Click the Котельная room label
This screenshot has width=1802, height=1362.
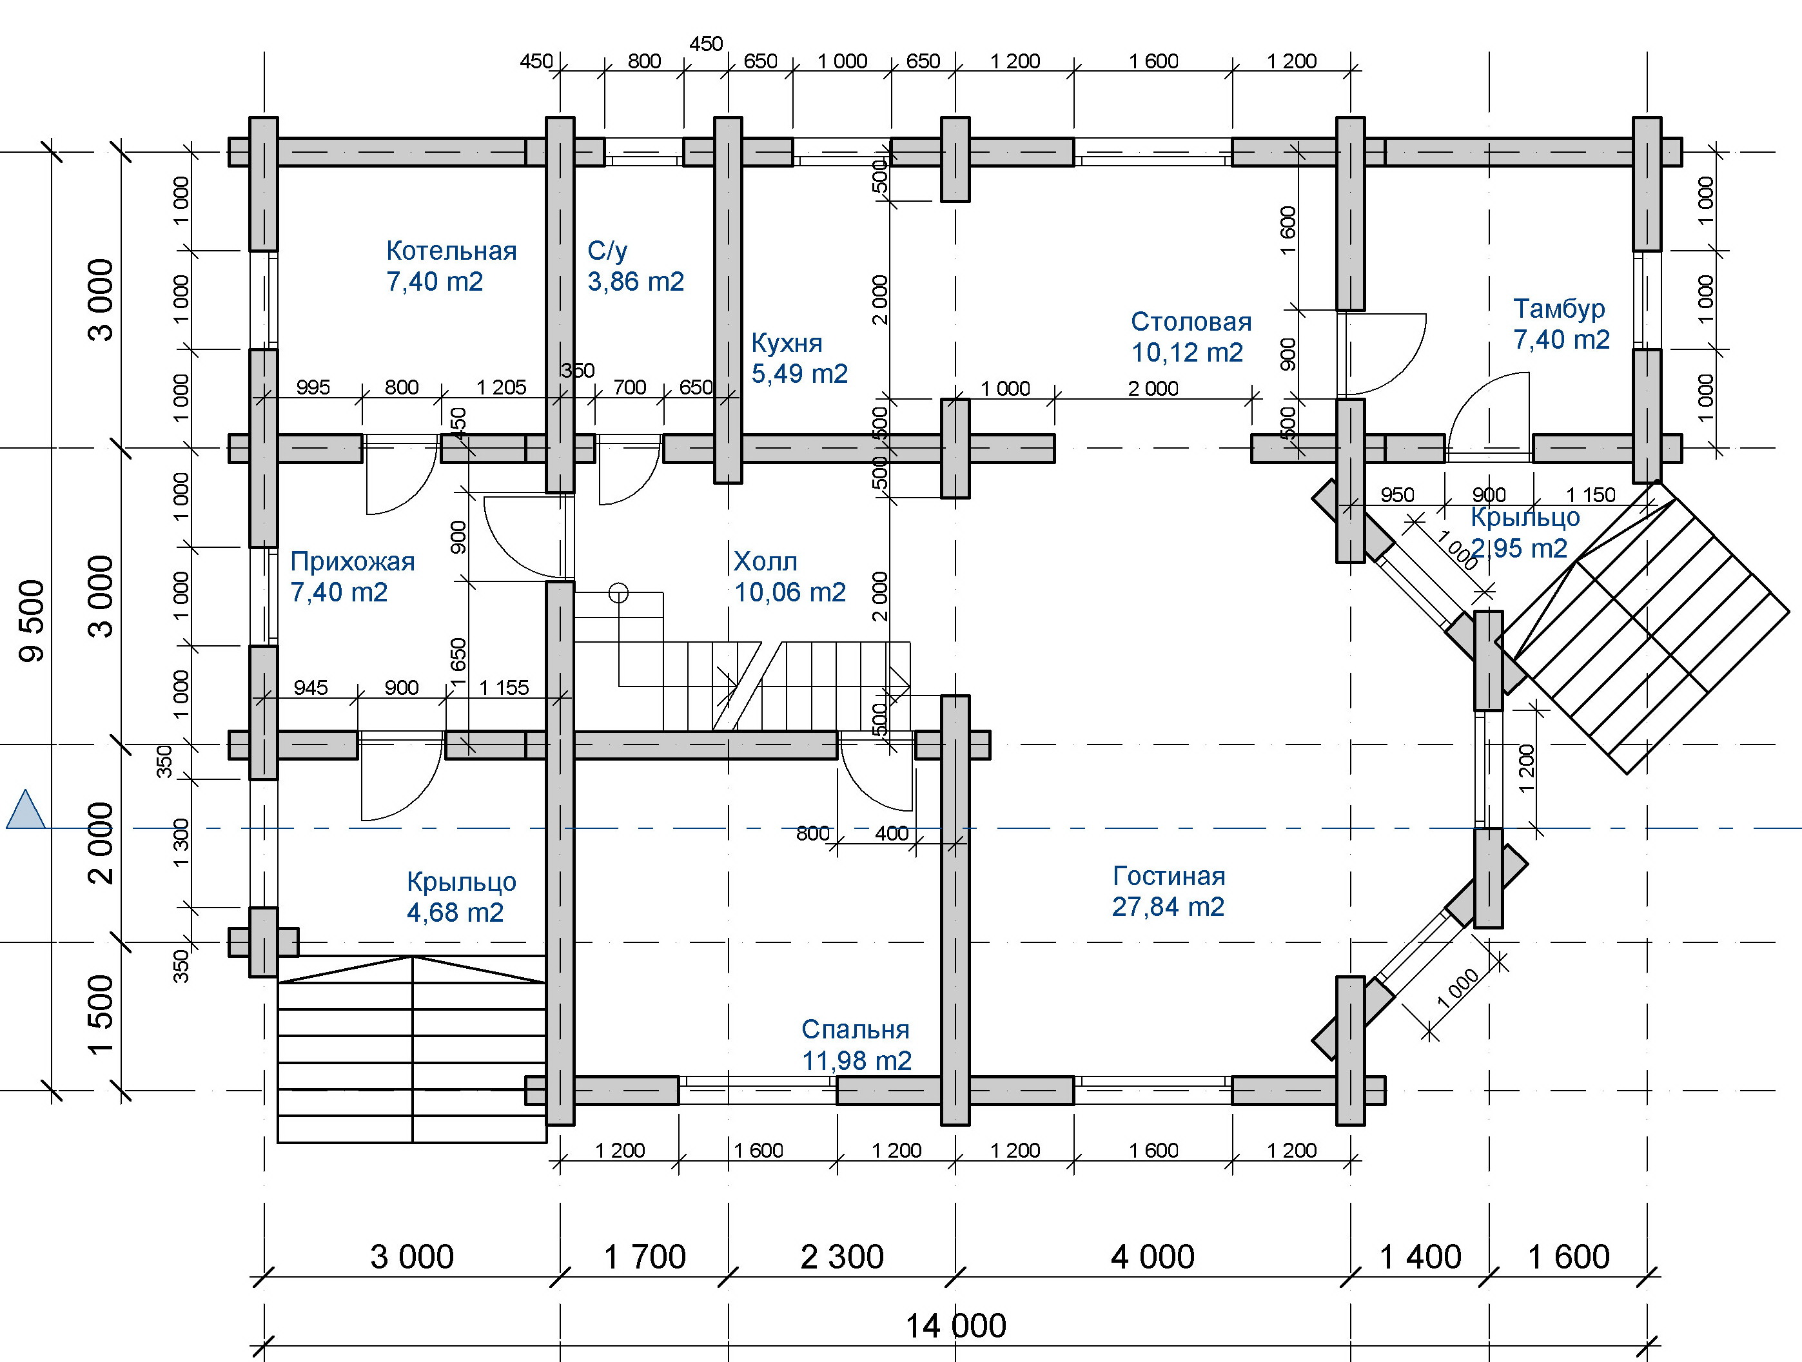451,266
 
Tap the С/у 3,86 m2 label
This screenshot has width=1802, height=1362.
636,266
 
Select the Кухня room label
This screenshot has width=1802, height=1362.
799,358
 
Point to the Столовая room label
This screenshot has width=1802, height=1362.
1191,336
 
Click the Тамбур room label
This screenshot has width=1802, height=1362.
1562,324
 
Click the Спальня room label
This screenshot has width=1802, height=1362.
856,1044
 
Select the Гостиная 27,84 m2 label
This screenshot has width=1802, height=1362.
1169,891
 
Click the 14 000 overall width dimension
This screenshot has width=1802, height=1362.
955,1326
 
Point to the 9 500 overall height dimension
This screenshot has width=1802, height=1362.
33,621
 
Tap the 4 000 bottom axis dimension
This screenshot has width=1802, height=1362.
1153,1257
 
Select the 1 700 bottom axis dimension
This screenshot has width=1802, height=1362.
644,1257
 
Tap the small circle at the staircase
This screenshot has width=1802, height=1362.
618,594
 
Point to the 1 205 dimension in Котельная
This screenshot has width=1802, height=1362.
501,387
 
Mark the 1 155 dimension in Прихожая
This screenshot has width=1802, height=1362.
504,688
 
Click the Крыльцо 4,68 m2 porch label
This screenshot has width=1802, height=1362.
461,897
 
